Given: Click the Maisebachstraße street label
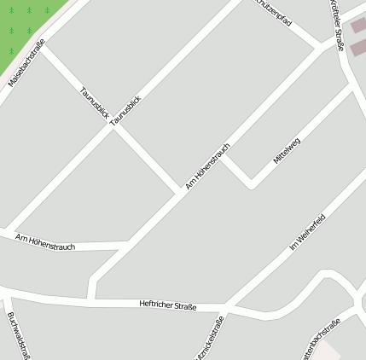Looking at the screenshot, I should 26,64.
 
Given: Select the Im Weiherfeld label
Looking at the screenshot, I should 308,232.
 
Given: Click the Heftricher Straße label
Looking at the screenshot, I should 168,305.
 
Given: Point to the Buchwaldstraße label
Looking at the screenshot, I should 20,335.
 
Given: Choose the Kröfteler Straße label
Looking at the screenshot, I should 335,26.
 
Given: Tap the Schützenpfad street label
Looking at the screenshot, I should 275,12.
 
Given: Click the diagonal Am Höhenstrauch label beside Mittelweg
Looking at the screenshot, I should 207,164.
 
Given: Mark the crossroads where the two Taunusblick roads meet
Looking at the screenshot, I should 113,128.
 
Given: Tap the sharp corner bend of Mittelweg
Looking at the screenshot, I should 251,183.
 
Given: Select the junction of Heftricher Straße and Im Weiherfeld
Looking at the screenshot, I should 227,305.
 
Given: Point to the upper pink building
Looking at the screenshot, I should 358,26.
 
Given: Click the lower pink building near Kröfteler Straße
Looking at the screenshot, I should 357,48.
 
